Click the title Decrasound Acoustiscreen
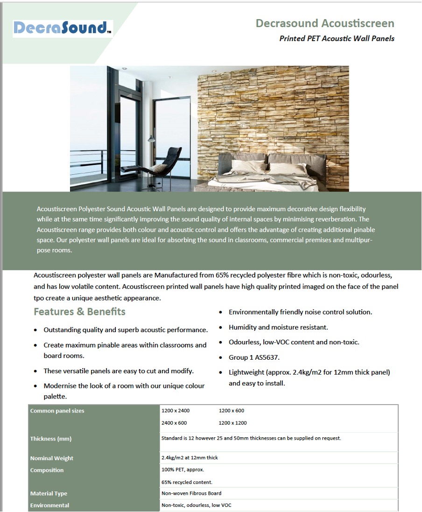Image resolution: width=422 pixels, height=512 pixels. (324, 23)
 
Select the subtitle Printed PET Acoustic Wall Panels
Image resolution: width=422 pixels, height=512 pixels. (337, 38)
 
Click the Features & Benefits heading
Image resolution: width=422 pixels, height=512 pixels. (79, 312)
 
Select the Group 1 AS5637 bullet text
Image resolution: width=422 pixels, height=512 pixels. (254, 357)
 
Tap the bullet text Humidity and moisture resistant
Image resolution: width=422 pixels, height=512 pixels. (278, 327)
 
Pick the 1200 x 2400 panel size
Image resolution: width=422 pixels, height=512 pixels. (176, 411)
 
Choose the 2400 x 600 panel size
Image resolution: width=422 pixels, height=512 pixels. (174, 423)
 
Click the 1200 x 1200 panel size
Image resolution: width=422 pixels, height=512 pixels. (232, 423)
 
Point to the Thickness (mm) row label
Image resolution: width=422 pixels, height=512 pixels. (51, 439)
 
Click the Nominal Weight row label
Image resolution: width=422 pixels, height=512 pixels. (52, 458)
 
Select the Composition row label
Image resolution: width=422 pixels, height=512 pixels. (47, 470)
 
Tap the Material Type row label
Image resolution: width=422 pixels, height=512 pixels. (49, 493)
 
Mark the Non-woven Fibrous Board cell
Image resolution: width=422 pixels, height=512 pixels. (191, 493)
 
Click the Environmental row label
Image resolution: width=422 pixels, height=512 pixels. (49, 505)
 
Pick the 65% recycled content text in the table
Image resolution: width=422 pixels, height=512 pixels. (187, 482)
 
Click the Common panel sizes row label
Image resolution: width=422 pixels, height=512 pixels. (57, 411)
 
